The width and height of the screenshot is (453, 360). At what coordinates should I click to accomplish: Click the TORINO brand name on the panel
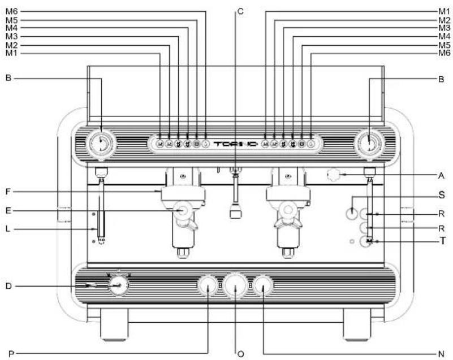tap(235, 144)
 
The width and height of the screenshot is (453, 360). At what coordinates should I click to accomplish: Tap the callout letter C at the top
tap(240, 11)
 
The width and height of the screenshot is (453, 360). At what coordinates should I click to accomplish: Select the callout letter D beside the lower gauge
tap(8, 286)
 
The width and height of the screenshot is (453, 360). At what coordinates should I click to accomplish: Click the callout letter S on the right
tap(442, 195)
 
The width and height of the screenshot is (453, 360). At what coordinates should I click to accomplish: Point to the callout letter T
tap(442, 241)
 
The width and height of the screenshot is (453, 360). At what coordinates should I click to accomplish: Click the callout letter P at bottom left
tap(11, 354)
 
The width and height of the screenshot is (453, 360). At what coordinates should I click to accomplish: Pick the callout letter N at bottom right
tap(441, 354)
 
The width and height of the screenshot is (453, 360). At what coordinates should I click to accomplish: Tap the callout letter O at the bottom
tap(241, 354)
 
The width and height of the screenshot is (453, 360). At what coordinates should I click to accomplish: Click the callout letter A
tap(441, 175)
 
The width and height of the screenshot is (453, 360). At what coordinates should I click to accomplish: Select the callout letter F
tap(8, 192)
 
